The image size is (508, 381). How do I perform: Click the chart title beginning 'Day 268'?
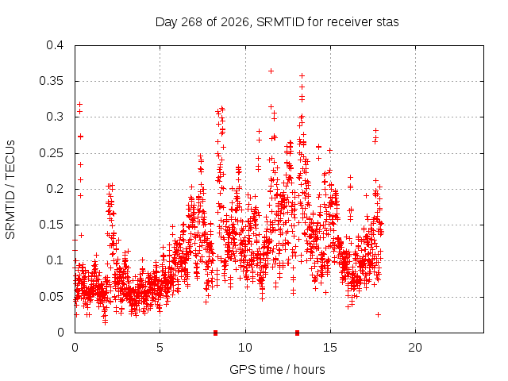[277, 22]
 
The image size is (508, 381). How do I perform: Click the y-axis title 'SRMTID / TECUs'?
[10, 190]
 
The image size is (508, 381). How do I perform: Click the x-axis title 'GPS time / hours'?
[277, 369]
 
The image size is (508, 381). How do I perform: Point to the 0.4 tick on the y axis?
[55, 45]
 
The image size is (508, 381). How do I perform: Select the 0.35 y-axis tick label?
[51, 81]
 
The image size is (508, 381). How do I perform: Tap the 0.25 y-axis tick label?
[51, 153]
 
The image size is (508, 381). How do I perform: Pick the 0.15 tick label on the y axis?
[51, 225]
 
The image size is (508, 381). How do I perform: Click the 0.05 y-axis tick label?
[51, 296]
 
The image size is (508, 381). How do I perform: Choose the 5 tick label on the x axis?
[160, 348]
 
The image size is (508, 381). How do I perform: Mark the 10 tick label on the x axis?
[245, 348]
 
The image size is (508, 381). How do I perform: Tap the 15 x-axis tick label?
[330, 348]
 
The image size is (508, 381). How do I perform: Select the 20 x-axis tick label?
[415, 348]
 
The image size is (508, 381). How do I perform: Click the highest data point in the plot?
[271, 71]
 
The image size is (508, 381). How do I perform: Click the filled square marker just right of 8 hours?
[215, 333]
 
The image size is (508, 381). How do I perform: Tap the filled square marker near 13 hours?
[297, 333]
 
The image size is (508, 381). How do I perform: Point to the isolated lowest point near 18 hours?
[378, 314]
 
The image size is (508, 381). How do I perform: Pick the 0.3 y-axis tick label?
[55, 117]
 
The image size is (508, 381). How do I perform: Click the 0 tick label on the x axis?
[75, 348]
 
